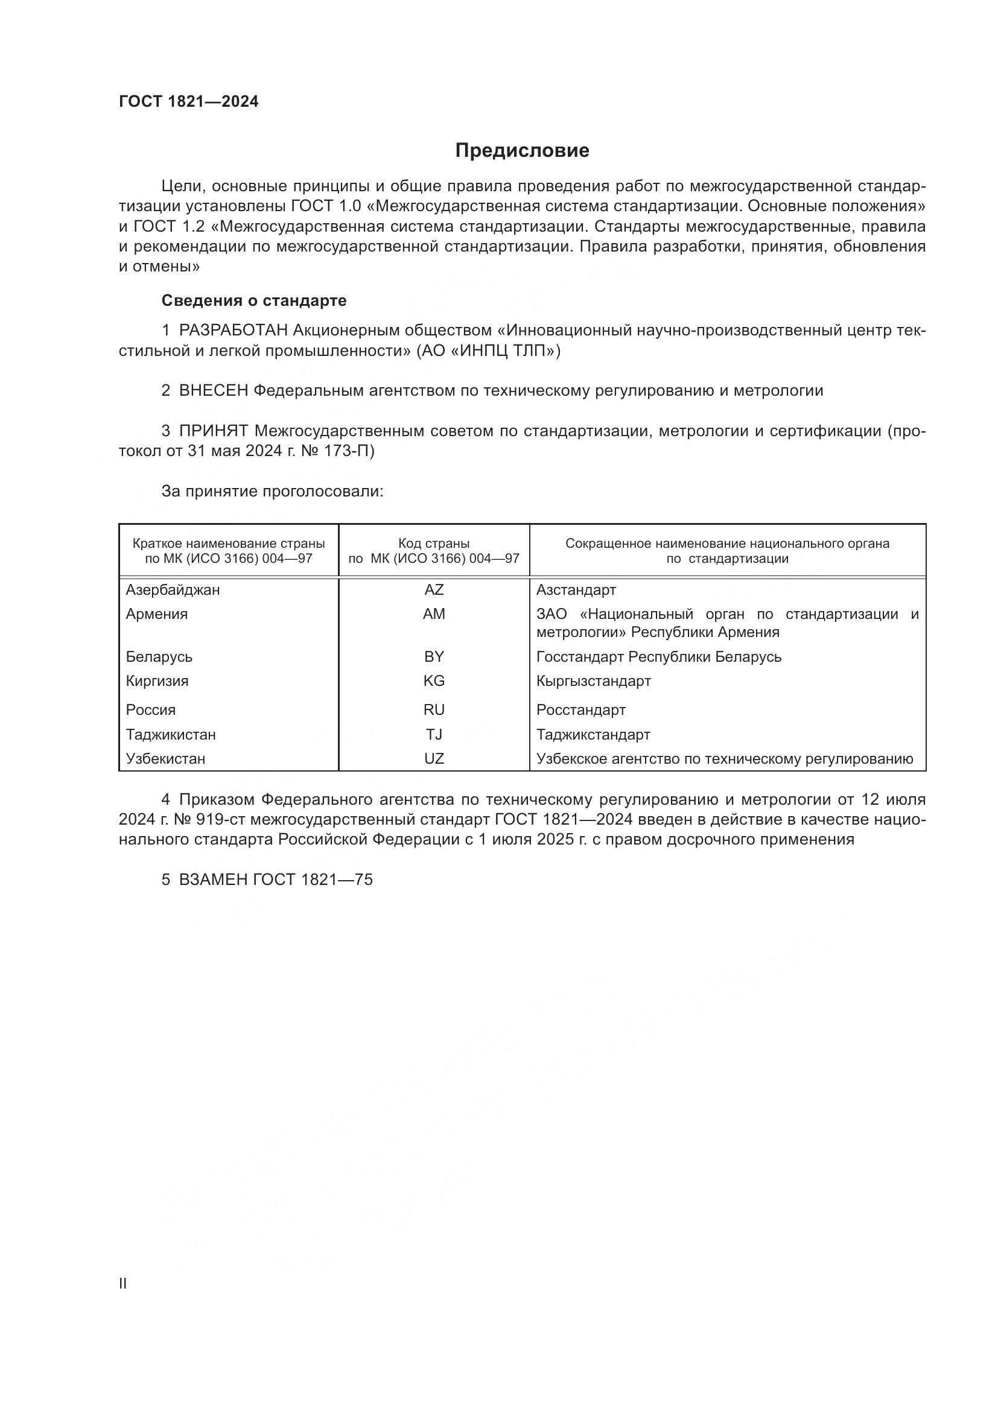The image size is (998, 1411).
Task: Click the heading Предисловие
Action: (522, 151)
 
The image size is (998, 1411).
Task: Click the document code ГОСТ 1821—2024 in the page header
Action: (189, 102)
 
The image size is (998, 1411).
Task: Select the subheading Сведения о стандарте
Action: (254, 300)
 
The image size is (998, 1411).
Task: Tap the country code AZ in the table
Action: (434, 590)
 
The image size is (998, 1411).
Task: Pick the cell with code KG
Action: (434, 681)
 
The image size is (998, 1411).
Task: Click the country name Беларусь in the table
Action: (159, 657)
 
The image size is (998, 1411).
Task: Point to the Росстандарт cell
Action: (580, 710)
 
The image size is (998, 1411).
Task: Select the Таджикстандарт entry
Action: (593, 734)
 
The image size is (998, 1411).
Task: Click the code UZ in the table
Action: (434, 758)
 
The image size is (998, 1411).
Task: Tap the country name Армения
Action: (157, 614)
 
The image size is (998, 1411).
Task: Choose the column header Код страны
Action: (434, 544)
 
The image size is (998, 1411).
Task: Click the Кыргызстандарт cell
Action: (593, 681)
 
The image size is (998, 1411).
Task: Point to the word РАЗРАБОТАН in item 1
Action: (234, 331)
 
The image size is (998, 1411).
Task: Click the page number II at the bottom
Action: (123, 1283)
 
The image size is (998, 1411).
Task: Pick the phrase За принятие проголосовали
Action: (272, 491)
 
